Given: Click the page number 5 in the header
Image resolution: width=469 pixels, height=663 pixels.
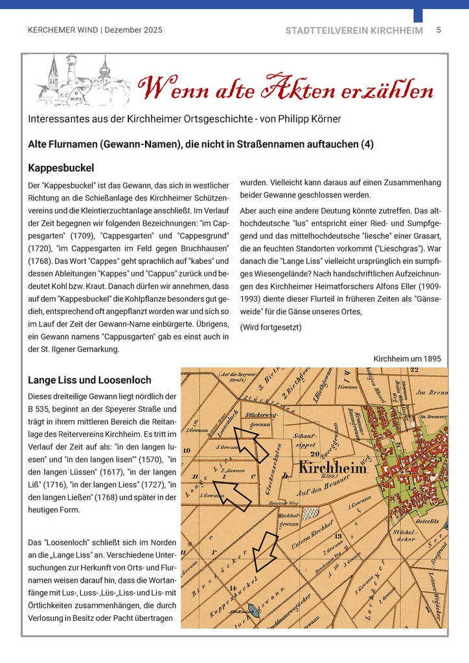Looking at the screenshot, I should [439, 30].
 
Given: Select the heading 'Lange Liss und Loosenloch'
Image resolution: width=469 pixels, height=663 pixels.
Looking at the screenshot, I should [89, 379].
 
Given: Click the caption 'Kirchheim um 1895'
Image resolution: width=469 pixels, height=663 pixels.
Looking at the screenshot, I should [407, 359].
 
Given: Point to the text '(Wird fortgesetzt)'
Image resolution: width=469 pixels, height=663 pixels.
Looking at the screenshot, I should [271, 327].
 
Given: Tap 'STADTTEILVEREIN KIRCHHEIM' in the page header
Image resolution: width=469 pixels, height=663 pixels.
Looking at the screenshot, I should [354, 30].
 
